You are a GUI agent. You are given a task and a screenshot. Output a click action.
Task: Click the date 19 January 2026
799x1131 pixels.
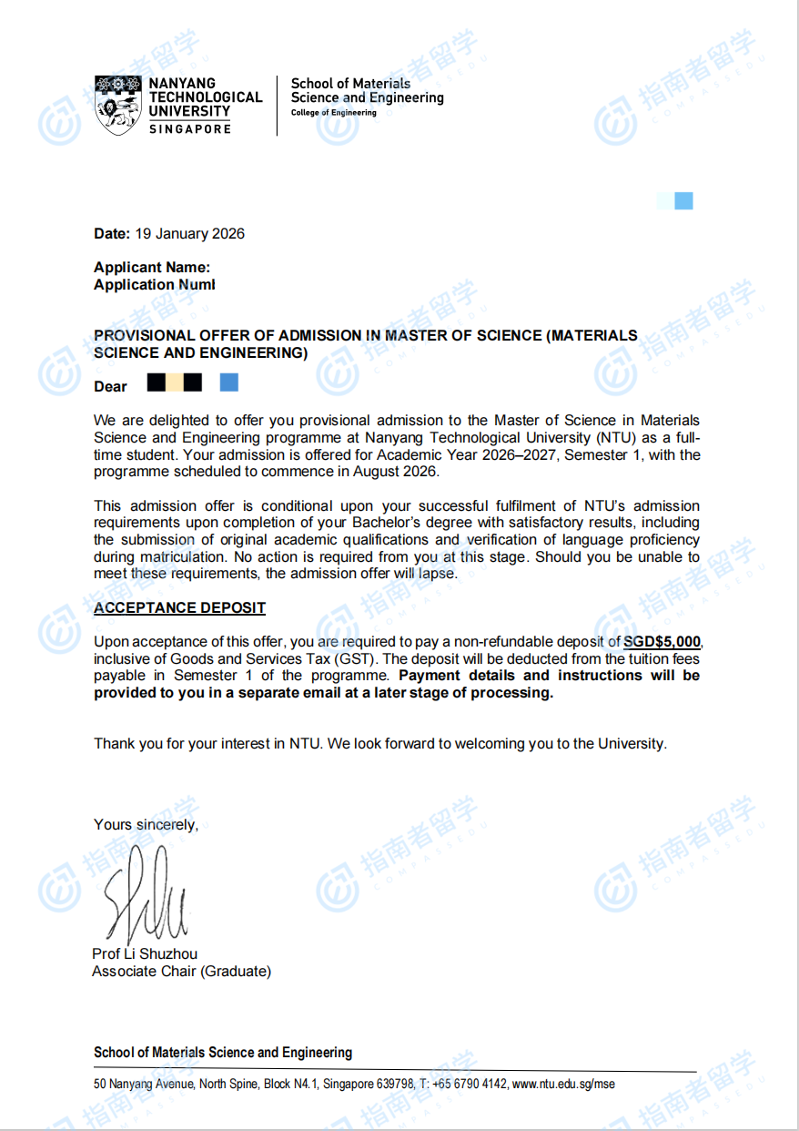[x=189, y=234]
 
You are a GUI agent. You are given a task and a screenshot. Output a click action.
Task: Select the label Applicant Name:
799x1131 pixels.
[x=152, y=268]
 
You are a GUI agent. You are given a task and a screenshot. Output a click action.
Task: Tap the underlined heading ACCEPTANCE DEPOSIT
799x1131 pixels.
[x=179, y=608]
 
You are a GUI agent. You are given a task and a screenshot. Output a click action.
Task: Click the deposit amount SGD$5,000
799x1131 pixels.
[x=662, y=642]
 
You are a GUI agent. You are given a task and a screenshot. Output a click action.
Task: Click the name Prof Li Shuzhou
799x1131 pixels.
[x=145, y=954]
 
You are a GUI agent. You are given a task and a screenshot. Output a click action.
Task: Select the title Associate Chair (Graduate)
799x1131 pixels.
[x=181, y=972]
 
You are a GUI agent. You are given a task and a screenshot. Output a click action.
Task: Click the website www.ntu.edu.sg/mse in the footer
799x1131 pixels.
[x=563, y=1085]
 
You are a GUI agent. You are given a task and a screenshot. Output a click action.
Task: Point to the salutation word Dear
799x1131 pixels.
[x=110, y=387]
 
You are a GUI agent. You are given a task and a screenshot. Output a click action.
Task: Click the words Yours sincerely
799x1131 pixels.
[x=146, y=825]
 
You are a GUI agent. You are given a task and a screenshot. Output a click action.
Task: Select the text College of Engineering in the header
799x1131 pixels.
[x=333, y=113]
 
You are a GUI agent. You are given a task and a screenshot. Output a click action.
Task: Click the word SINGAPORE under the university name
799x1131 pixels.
[x=190, y=129]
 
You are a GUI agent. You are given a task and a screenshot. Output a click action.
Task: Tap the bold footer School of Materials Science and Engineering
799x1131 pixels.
[x=222, y=1053]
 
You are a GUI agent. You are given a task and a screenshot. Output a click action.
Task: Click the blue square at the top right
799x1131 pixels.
[x=683, y=201]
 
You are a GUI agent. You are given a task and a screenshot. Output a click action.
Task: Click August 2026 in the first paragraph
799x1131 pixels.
[x=397, y=472]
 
